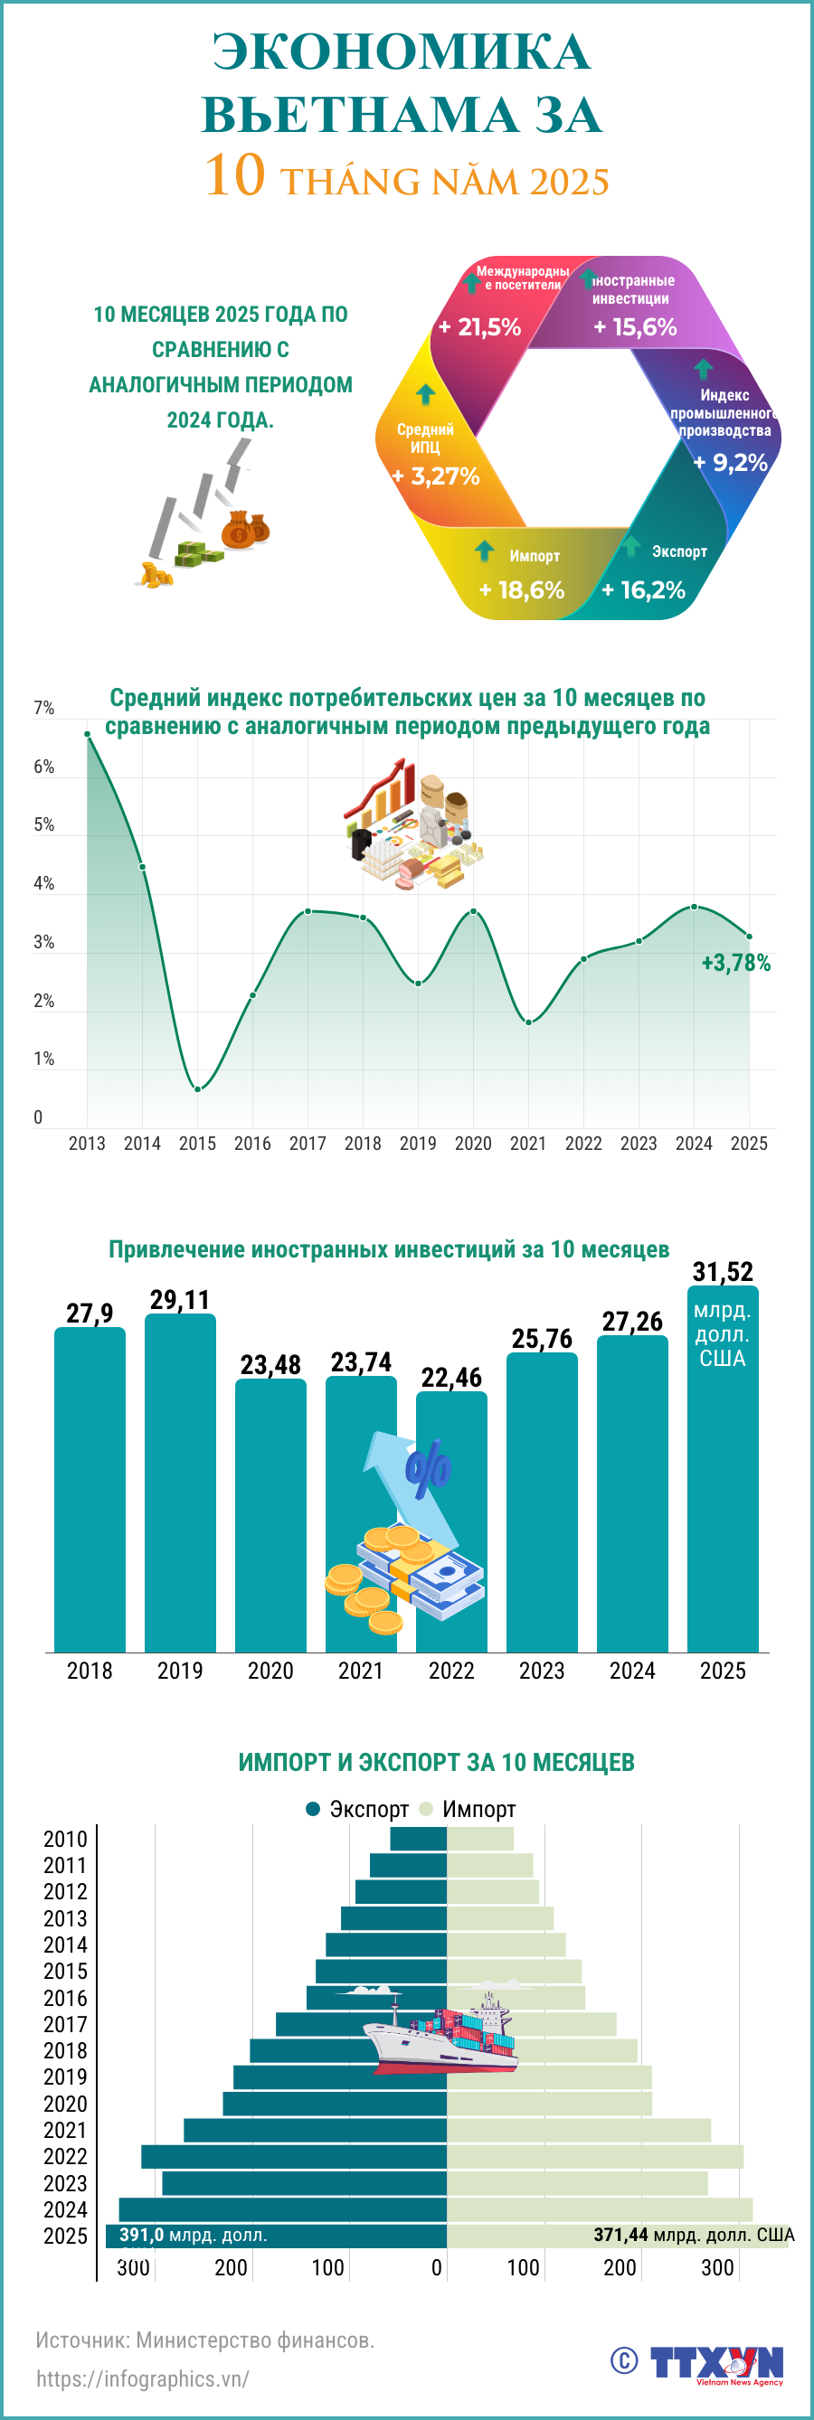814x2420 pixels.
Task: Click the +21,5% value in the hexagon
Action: (x=479, y=327)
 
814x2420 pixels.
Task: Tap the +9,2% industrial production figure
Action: (x=731, y=462)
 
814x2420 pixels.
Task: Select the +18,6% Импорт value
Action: (x=522, y=590)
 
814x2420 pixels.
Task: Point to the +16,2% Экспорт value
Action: (x=644, y=590)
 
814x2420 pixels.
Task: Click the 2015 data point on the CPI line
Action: (x=197, y=1088)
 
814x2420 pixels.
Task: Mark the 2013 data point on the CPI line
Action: (x=88, y=734)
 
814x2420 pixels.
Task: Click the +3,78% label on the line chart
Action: (x=736, y=963)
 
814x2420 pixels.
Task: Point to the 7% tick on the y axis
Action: (x=43, y=709)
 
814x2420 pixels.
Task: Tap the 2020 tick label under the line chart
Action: (x=473, y=1144)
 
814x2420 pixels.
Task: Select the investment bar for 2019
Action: (x=179, y=1484)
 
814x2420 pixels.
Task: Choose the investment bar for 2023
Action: (x=542, y=1503)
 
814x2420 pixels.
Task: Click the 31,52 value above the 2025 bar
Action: (x=723, y=1272)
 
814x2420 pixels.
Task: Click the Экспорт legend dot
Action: (x=314, y=1808)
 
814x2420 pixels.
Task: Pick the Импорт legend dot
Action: (x=427, y=1808)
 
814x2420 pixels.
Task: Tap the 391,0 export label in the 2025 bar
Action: (x=193, y=2235)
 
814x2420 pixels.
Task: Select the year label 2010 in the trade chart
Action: (x=65, y=1840)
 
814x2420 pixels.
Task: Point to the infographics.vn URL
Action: (x=143, y=2378)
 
